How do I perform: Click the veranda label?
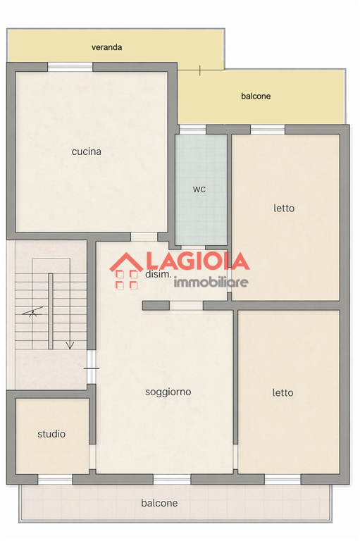tap(106, 47)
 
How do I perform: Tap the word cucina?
tap(86, 151)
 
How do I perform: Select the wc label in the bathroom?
tap(199, 189)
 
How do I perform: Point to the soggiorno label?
tap(168, 392)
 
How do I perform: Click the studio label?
tap(51, 434)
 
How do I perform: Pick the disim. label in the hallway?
tap(158, 274)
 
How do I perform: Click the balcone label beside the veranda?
tap(256, 96)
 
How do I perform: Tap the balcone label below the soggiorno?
tap(159, 503)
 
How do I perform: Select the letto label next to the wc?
tap(284, 208)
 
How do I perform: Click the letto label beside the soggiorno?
tap(283, 392)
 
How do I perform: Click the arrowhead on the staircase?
tap(70, 345)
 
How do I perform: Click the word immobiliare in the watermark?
tap(211, 282)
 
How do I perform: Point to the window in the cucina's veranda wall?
tap(70, 67)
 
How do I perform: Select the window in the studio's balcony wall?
tap(55, 479)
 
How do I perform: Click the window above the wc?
tap(192, 130)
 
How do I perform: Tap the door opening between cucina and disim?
tap(144, 237)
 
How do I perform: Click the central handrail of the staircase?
tap(51, 311)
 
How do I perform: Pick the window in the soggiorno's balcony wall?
tap(172, 479)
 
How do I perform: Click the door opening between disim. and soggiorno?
tap(187, 306)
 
